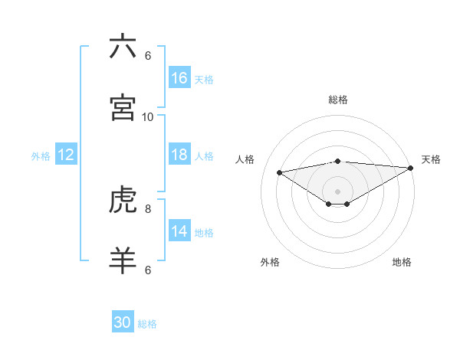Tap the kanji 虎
tap(123, 200)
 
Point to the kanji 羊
tap(123, 260)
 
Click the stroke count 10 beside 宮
tap(148, 116)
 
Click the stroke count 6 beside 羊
tap(148, 270)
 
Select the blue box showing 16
tap(179, 78)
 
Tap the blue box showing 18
tap(179, 155)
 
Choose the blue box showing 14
tap(179, 231)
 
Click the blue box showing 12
tap(66, 155)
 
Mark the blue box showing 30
tap(123, 322)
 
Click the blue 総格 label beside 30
tap(147, 324)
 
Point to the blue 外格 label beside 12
tap(41, 156)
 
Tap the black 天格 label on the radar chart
tap(431, 159)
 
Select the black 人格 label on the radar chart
tap(245, 159)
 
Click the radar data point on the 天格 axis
tap(411, 167)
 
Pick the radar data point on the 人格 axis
tap(280, 172)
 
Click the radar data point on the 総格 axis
tap(338, 161)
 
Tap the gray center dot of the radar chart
tap(338, 191)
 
